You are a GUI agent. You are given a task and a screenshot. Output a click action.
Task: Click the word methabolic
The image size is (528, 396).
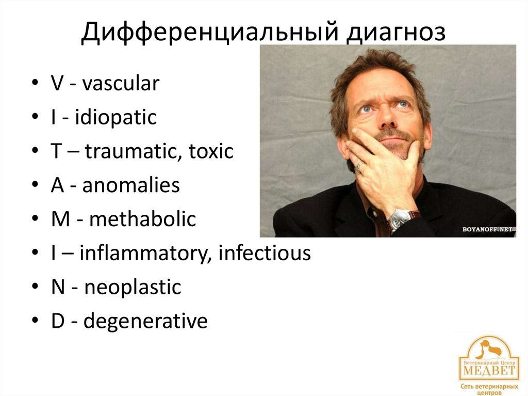pyautogui.click(x=142, y=219)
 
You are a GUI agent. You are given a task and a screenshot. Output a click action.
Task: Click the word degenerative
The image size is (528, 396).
pyautogui.click(x=145, y=321)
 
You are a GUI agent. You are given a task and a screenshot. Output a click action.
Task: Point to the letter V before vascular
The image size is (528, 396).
pyautogui.click(x=57, y=84)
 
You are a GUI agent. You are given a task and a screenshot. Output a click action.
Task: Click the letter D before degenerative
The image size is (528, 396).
pyautogui.click(x=57, y=321)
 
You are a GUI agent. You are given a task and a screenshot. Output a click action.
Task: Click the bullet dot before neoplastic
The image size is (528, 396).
pyautogui.click(x=34, y=287)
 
